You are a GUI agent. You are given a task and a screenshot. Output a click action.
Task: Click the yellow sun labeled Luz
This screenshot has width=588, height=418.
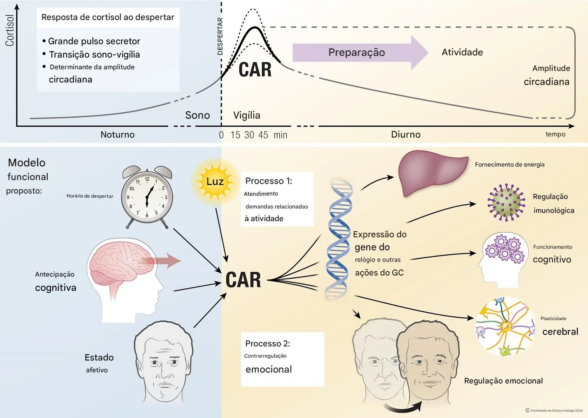pyautogui.click(x=215, y=181)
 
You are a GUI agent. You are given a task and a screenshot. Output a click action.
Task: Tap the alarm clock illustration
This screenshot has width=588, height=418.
pyautogui.click(x=147, y=197)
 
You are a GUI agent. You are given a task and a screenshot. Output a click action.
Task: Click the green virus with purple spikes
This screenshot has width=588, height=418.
pyautogui.click(x=506, y=203)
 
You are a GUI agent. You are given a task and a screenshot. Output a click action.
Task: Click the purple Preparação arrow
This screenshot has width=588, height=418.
pyautogui.click(x=358, y=53)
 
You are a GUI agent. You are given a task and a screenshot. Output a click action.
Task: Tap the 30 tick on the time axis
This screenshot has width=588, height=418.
pyautogui.click(x=249, y=135)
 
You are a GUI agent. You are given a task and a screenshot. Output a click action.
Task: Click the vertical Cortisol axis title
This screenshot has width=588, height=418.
pyautogui.click(x=9, y=31)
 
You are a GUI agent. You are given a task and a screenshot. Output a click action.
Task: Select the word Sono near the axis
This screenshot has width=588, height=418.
pyautogui.click(x=198, y=115)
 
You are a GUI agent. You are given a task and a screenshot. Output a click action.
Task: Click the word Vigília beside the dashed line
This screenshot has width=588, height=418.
pyautogui.click(x=247, y=115)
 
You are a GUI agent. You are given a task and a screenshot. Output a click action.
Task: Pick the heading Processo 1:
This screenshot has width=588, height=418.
pyautogui.click(x=268, y=181)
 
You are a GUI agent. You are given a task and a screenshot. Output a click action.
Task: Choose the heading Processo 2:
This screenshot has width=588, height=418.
pyautogui.click(x=267, y=343)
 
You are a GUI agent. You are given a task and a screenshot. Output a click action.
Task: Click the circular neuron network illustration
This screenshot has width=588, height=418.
pyautogui.click(x=505, y=326)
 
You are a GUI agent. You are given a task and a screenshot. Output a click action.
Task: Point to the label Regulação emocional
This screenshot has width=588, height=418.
pyautogui.click(x=503, y=381)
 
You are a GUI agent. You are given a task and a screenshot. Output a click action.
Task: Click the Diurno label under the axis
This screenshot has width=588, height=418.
pyautogui.click(x=406, y=134)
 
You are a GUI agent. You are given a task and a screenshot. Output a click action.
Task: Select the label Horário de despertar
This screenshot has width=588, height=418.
pyautogui.click(x=90, y=196)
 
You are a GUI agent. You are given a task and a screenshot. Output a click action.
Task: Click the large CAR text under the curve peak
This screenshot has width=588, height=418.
pyautogui.click(x=255, y=69)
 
